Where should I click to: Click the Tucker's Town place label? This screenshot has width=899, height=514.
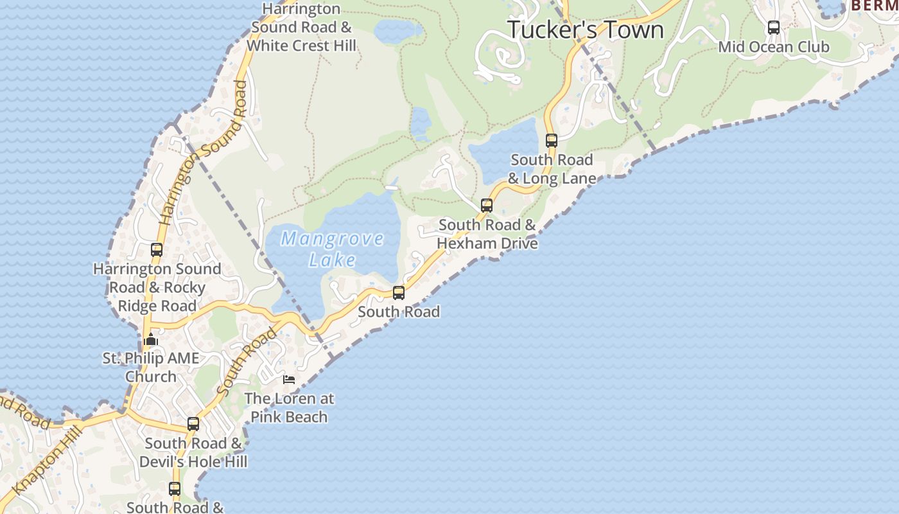click(586, 30)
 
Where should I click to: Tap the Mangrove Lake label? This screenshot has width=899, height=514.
click(332, 249)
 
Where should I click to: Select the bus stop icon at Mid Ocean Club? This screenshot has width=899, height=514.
click(774, 28)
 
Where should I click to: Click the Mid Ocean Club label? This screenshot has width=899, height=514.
click(774, 47)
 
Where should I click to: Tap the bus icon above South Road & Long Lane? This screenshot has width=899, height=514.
click(552, 141)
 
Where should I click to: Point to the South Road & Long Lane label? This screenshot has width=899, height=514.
click(552, 169)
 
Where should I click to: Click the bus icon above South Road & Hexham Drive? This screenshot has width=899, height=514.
click(487, 206)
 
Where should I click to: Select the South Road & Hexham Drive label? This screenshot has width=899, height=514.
click(487, 234)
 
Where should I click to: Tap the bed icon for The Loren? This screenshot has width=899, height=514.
click(289, 380)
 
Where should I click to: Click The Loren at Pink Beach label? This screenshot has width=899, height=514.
click(289, 407)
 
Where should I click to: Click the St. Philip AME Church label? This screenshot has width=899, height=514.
click(151, 367)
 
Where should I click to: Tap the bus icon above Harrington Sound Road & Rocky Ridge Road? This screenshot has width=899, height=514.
click(157, 250)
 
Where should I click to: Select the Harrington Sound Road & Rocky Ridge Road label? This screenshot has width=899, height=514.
click(157, 287)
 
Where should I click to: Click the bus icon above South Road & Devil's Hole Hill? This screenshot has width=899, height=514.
click(193, 424)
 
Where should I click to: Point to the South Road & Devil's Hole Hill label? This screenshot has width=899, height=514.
click(193, 452)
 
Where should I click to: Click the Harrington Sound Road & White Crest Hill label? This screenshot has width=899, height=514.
click(301, 28)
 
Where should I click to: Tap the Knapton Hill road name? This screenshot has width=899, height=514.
click(48, 460)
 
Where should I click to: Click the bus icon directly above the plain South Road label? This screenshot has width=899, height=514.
click(399, 293)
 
